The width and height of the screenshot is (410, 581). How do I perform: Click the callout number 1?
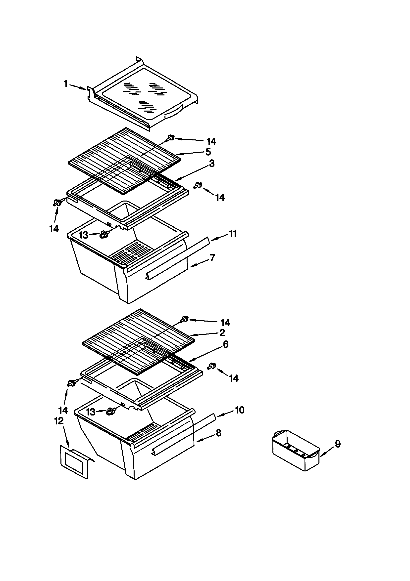[x=66, y=84]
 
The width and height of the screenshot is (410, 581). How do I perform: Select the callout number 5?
[x=208, y=152]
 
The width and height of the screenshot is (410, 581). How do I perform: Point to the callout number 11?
[x=232, y=234]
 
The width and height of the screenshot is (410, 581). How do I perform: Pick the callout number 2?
[x=222, y=332]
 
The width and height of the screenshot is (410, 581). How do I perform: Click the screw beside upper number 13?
[x=103, y=234]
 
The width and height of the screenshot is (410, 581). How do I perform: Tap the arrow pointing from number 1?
[x=78, y=87]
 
